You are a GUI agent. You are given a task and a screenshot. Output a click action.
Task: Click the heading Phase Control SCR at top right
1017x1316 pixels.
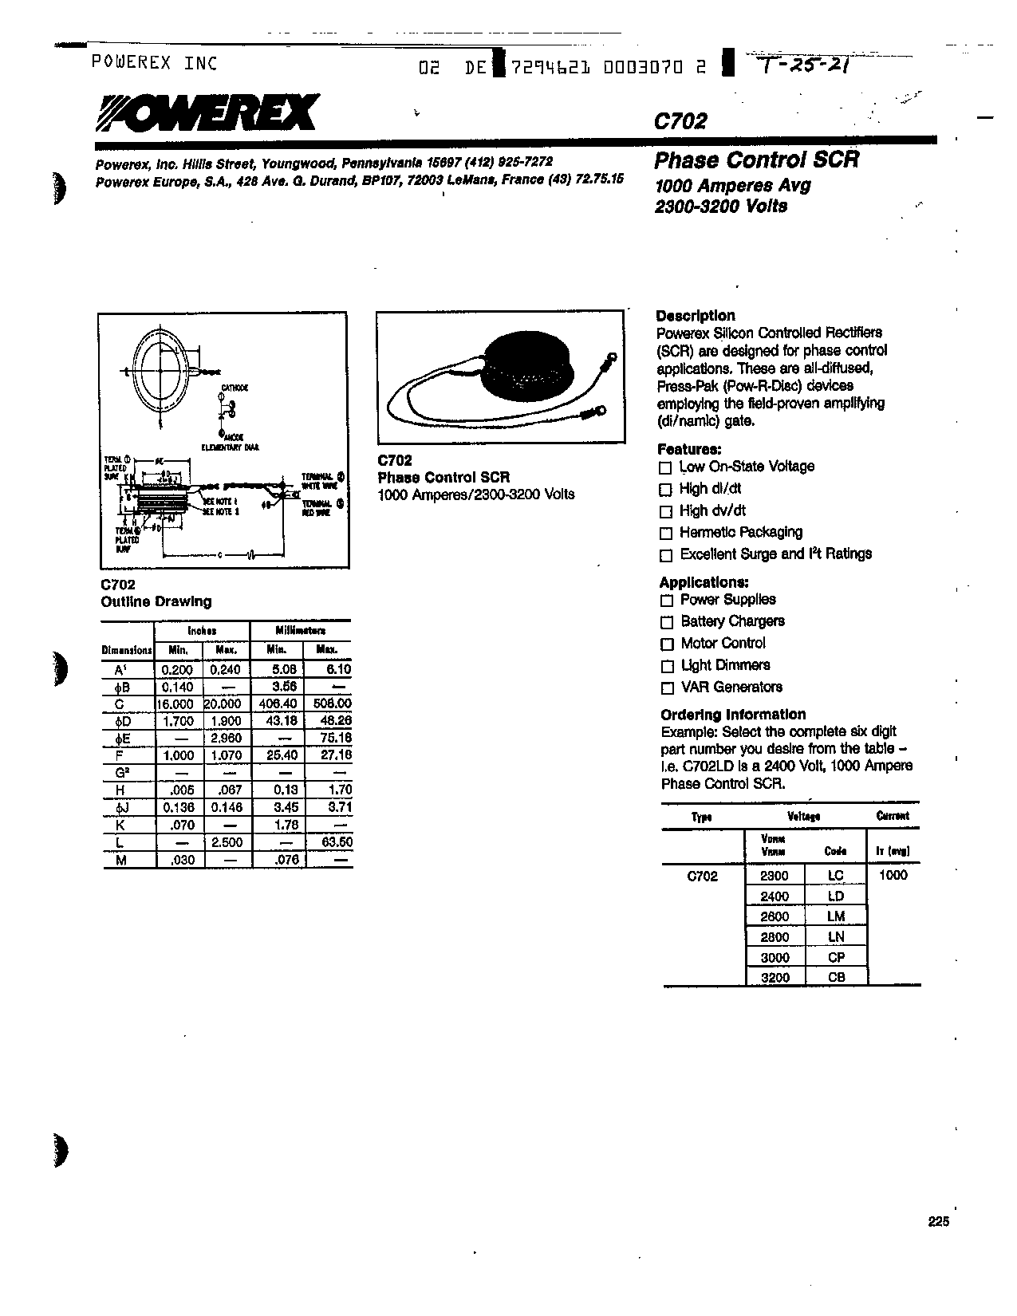(756, 160)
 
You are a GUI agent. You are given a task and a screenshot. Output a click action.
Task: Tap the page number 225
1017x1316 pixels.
(939, 1222)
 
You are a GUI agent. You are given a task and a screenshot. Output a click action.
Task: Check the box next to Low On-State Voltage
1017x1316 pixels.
(665, 468)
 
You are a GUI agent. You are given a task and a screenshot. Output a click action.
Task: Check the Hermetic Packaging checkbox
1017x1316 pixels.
(666, 534)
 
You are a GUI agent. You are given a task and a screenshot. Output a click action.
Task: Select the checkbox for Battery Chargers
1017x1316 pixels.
(667, 622)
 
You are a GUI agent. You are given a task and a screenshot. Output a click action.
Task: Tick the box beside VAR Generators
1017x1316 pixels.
(667, 688)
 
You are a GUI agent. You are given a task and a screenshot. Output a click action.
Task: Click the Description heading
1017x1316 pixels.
(696, 315)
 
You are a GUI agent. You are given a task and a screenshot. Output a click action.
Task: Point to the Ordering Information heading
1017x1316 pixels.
(733, 715)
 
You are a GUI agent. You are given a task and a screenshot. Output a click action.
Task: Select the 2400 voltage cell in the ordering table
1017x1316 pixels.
(775, 896)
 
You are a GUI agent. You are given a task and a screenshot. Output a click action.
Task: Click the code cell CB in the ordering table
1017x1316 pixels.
(836, 977)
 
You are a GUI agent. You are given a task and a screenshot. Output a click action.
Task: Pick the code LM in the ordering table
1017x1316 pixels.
(836, 916)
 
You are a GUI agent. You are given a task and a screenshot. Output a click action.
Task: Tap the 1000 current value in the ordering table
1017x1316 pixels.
(893, 875)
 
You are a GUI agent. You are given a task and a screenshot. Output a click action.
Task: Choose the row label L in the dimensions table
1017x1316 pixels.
(120, 842)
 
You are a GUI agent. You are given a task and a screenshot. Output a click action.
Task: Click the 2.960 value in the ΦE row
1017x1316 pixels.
(226, 739)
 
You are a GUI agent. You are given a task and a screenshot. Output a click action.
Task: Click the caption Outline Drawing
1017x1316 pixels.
(156, 601)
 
